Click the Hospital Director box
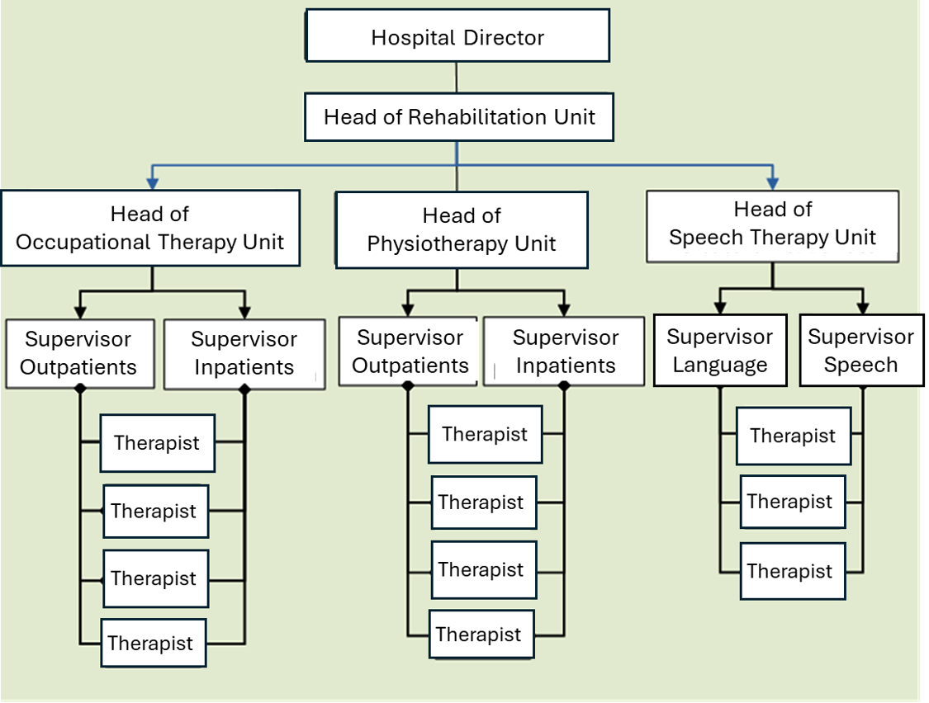click(457, 36)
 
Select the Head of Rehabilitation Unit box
click(459, 116)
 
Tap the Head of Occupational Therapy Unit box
click(149, 229)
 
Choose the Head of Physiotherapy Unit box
click(462, 230)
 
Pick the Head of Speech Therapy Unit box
click(772, 224)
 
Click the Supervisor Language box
click(719, 351)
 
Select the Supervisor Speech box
click(860, 351)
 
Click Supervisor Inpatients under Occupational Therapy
click(244, 354)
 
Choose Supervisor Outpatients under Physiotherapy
click(410, 351)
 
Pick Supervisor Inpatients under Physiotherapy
click(565, 351)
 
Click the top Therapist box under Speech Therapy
click(793, 436)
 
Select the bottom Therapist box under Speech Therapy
click(789, 571)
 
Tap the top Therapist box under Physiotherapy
click(485, 434)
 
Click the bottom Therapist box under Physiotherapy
click(479, 635)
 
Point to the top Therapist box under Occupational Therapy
click(157, 443)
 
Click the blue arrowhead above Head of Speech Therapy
click(772, 181)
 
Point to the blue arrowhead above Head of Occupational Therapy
click(151, 181)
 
